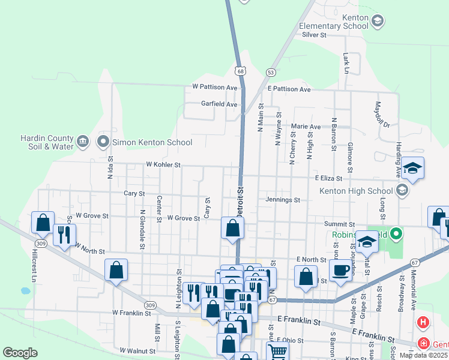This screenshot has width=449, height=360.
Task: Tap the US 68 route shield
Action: coord(241,71)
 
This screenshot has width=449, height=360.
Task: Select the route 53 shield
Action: coord(271,72)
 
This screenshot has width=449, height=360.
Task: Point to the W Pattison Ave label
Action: coord(215,87)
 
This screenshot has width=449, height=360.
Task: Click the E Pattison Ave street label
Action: coord(289,89)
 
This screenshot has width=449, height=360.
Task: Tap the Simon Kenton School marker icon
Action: coord(103,142)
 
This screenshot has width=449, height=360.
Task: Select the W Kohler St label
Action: coord(163,164)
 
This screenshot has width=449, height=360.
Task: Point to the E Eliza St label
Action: coord(328,178)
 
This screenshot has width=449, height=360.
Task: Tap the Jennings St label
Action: coord(283,200)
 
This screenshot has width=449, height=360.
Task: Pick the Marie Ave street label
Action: coord(306,127)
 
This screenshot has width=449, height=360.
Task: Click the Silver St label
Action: coord(314,35)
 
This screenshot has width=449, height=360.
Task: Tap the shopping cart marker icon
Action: coord(277,351)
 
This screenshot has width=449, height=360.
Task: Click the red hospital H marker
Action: coord(423,323)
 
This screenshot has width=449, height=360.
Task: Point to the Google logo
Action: coord(20,353)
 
